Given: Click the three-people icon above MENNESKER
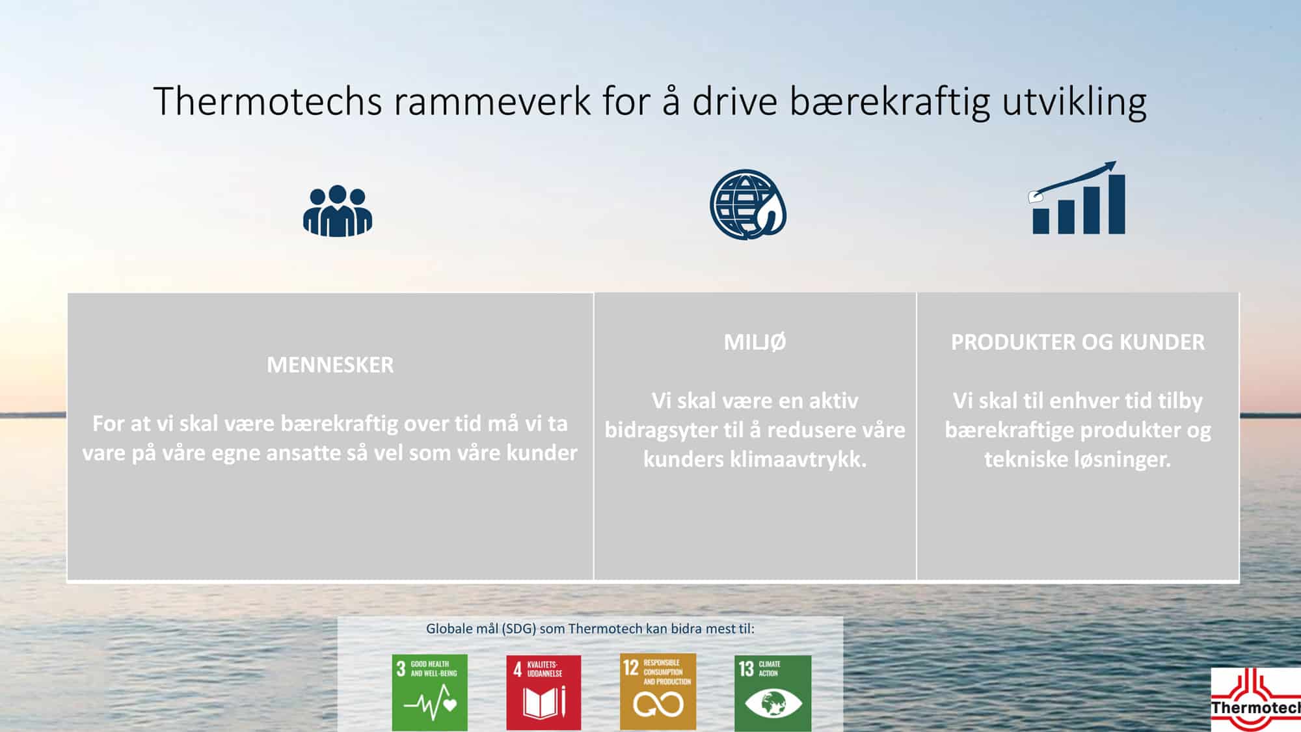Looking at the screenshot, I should pyautogui.click(x=338, y=211).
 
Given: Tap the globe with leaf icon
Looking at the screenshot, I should pyautogui.click(x=747, y=204).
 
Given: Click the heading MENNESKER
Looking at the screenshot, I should pyautogui.click(x=330, y=365).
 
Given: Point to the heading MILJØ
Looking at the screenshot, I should pyautogui.click(x=755, y=342).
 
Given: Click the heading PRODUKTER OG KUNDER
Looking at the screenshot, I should pyautogui.click(x=1077, y=342).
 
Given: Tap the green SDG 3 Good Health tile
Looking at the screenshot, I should pyautogui.click(x=429, y=692).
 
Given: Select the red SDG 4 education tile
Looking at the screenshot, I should pyautogui.click(x=543, y=692).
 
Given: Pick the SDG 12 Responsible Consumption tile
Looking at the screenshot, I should pyautogui.click(x=658, y=692).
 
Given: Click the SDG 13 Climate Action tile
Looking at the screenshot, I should pyautogui.click(x=773, y=692).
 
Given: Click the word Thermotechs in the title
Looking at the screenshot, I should pyautogui.click(x=267, y=102).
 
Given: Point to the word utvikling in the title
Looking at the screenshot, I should pyautogui.click(x=1074, y=102).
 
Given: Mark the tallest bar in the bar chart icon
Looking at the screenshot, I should pyautogui.click(x=1117, y=204).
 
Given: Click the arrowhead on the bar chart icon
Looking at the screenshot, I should pyautogui.click(x=1110, y=167).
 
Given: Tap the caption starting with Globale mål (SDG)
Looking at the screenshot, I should pyautogui.click(x=590, y=629).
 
